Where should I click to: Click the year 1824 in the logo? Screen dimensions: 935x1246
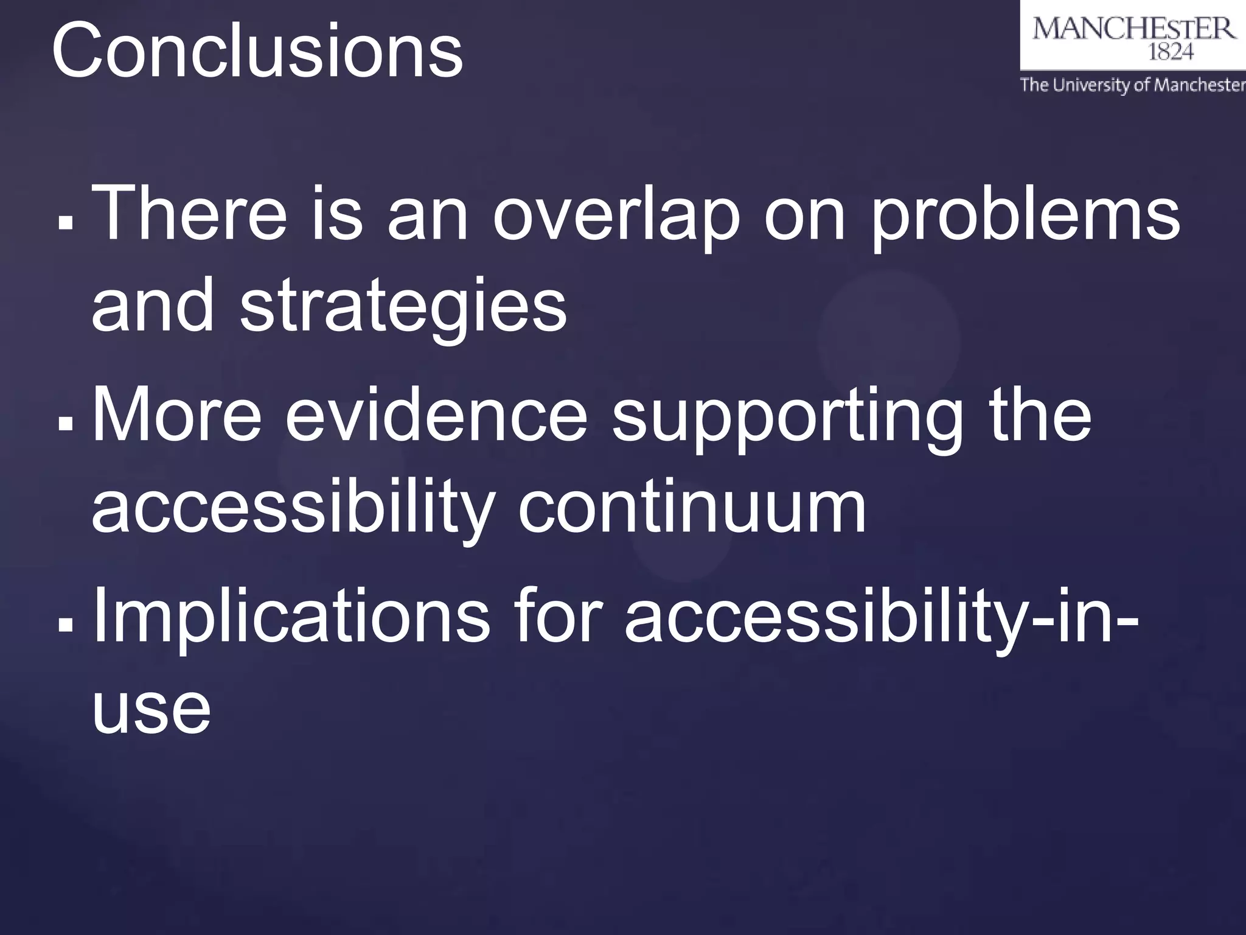point(1170,53)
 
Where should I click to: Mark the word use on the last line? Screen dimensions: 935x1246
point(151,710)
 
